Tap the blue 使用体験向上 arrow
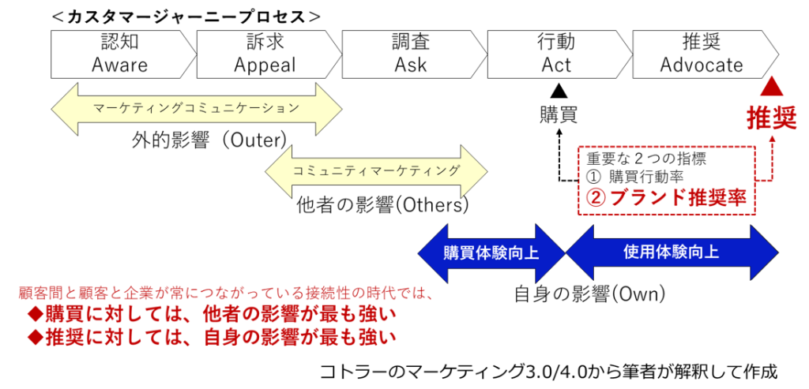point(672,253)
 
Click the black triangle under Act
point(558,90)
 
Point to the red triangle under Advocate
point(772,88)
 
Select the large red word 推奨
point(772,118)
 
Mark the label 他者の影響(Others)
point(382,205)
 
